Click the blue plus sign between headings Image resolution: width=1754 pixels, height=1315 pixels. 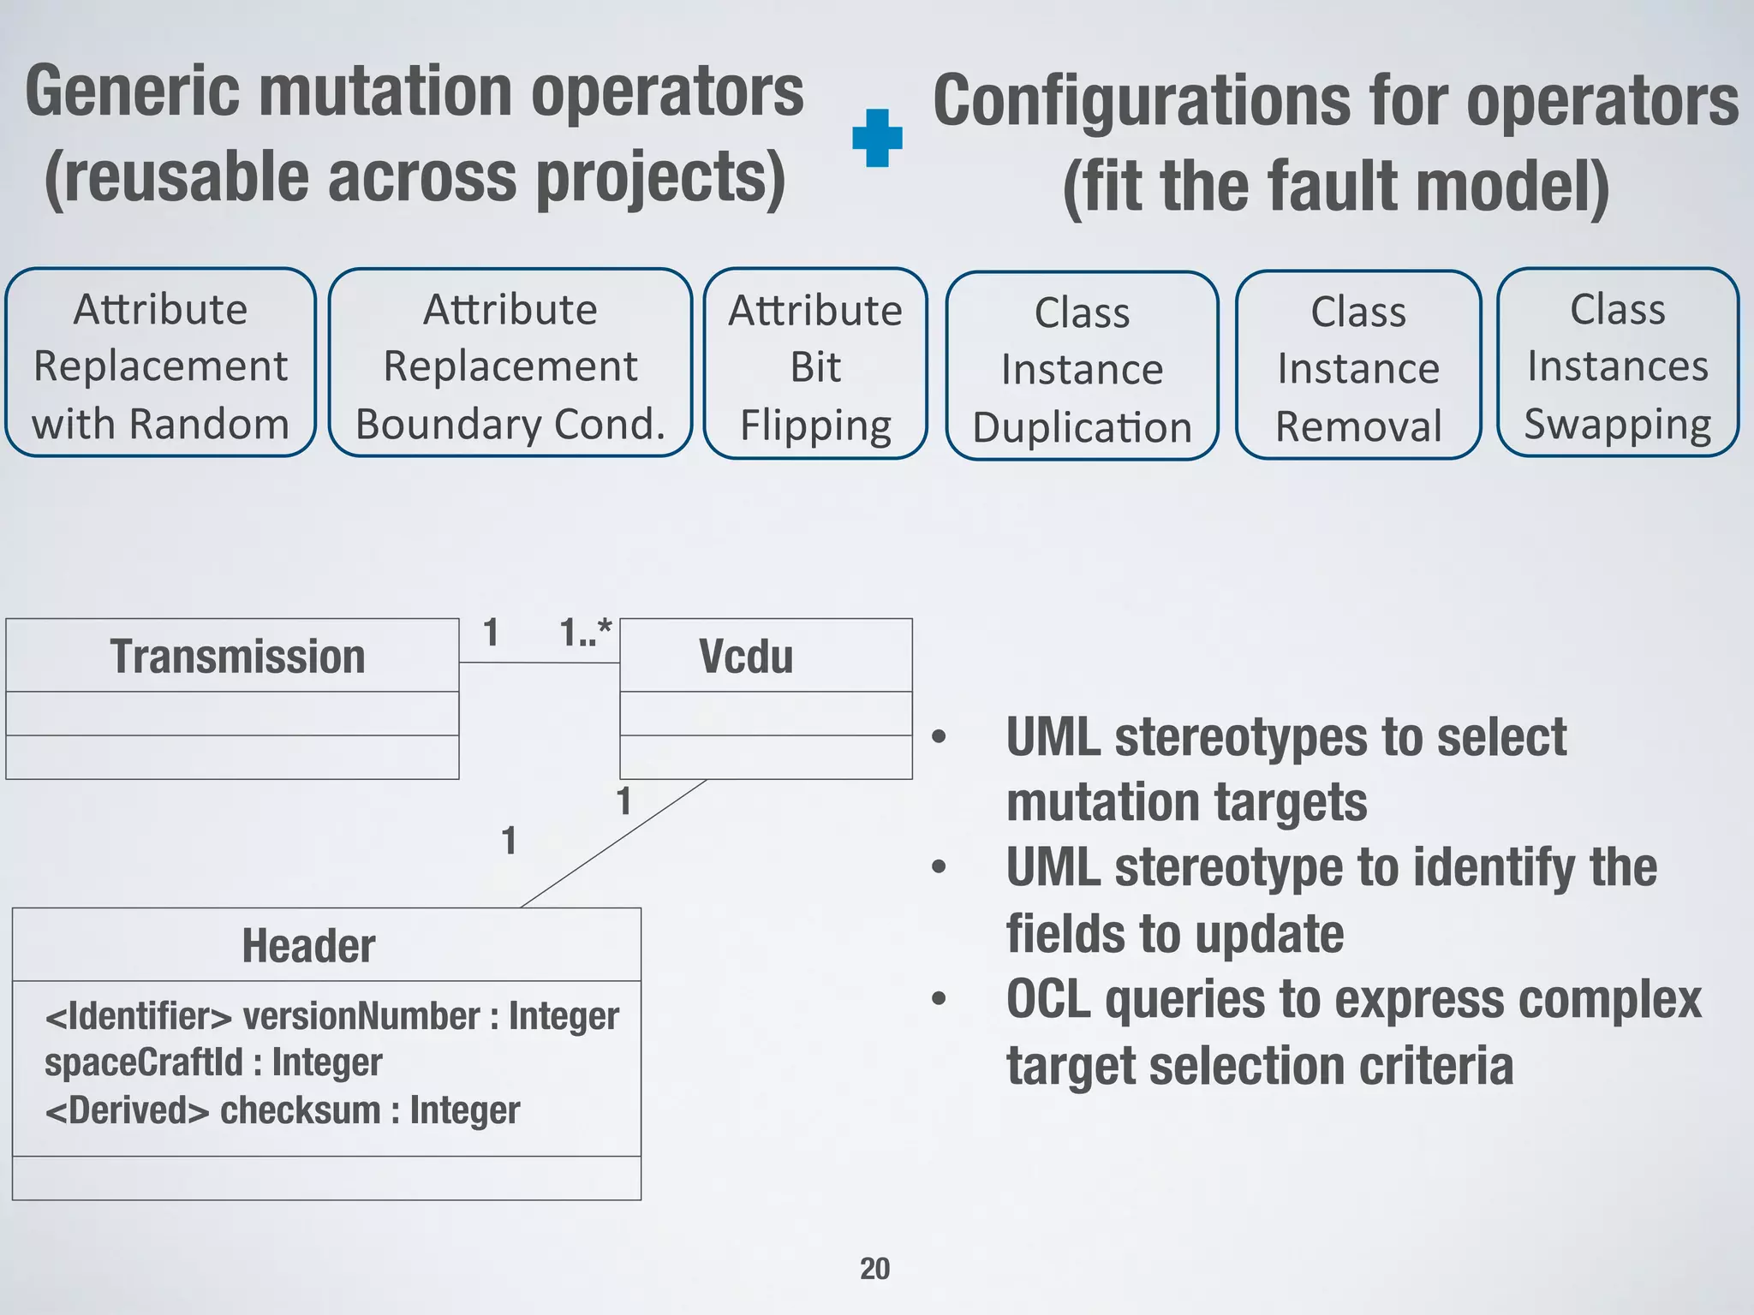point(877,138)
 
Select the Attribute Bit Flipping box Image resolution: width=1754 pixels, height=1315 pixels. point(815,366)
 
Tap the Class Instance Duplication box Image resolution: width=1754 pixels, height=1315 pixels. point(1082,368)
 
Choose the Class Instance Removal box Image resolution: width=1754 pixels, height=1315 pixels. point(1358,367)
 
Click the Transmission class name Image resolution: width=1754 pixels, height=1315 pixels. point(237,657)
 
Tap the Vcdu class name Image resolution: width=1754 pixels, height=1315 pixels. point(746,657)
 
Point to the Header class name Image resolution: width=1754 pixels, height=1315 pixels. point(308,946)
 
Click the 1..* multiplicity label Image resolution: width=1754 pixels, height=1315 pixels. point(585,634)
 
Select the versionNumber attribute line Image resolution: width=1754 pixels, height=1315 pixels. point(331,1016)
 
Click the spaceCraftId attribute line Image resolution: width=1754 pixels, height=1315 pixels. point(213,1063)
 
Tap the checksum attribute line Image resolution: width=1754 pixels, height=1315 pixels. point(282,1110)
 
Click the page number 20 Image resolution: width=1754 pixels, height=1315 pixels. point(874,1268)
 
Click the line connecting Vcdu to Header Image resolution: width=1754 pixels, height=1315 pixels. point(613,843)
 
